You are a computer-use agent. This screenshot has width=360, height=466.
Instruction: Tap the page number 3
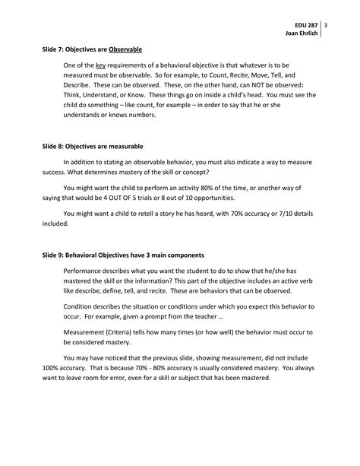[325, 25]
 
